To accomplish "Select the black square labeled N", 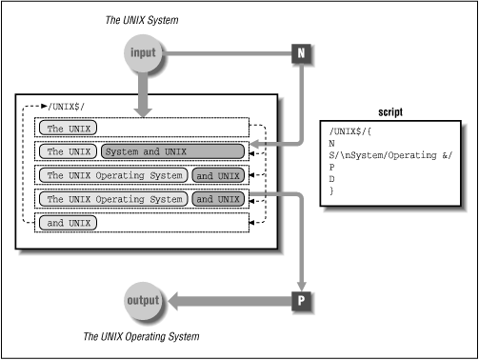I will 300,54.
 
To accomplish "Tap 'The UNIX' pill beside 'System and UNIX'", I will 70,150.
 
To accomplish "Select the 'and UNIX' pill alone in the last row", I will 70,222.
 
